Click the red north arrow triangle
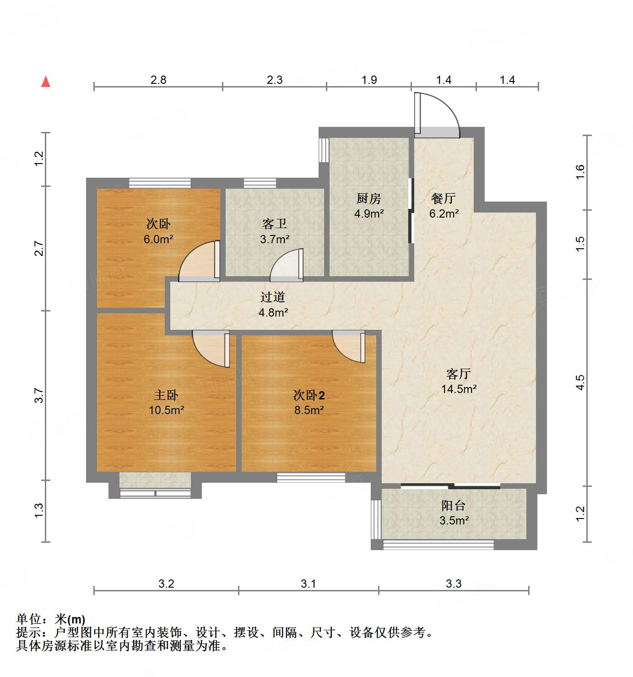coord(46,82)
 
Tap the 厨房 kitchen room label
coord(368,198)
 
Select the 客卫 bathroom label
coord(275,224)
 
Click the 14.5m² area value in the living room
coord(459,389)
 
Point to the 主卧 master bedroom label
coord(166,395)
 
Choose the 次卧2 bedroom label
coord(309,395)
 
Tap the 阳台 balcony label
coord(454,505)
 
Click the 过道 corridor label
coord(273,297)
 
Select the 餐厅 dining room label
coord(444,198)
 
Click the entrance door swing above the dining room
coord(437,115)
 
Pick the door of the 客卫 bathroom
coord(287,266)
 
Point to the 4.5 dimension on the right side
coord(580,382)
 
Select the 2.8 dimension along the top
coord(158,80)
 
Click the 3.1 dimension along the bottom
coord(308,584)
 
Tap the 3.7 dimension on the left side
coord(39,395)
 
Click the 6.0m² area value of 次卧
coord(158,239)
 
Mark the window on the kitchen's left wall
coord(324,150)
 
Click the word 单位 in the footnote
coord(29,619)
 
